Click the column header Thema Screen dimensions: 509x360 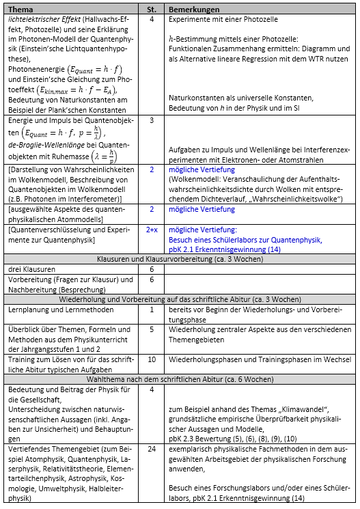coord(22,10)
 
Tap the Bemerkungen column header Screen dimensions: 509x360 coord(195,10)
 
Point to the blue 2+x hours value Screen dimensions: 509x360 coord(152,230)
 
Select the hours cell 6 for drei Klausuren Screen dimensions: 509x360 coord(152,270)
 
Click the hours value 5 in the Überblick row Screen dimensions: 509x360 coord(152,329)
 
